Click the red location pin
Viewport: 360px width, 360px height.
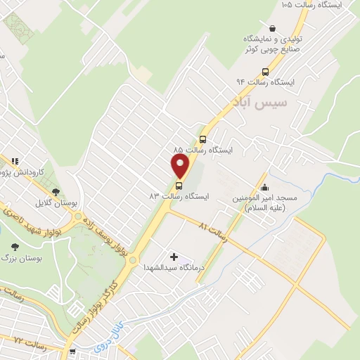click(181, 166)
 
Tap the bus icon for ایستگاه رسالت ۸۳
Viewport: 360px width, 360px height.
click(179, 186)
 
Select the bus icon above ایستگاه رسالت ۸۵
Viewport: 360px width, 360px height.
click(202, 139)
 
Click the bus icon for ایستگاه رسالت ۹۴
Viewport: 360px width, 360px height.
click(265, 71)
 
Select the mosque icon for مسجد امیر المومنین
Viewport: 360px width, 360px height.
click(264, 187)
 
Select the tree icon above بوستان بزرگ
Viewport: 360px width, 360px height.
click(15, 247)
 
